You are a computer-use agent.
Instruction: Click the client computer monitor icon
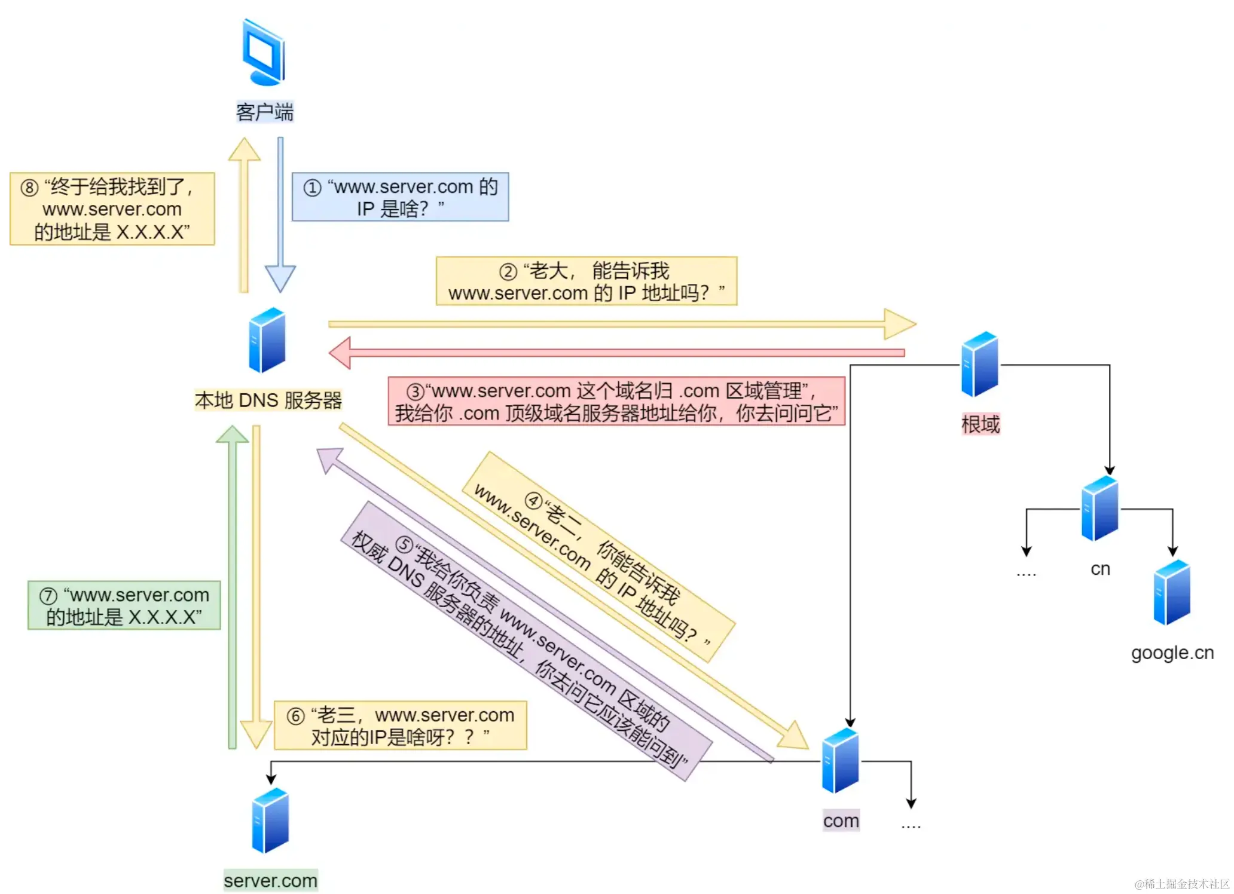[264, 53]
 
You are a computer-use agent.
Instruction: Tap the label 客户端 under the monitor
[265, 112]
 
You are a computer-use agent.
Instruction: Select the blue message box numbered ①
[400, 197]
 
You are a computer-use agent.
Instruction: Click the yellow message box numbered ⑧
[112, 209]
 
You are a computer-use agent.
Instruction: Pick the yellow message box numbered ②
[586, 281]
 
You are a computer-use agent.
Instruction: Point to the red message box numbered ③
[616, 402]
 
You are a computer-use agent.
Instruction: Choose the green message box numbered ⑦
[124, 605]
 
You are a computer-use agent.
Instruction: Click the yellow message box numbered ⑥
[400, 725]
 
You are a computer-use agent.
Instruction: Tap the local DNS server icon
[267, 340]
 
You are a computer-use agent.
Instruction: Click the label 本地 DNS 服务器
[268, 400]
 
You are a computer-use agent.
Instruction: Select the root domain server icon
[980, 364]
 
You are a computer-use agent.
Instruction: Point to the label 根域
[981, 424]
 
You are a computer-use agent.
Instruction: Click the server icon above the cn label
[1100, 509]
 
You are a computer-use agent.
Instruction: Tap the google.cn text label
[1172, 653]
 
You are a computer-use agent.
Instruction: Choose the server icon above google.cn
[1172, 592]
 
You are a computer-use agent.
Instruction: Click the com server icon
[841, 761]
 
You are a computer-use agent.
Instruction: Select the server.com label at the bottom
[271, 880]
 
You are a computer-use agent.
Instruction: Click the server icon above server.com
[270, 820]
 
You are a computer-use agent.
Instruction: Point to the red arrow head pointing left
[340, 353]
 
